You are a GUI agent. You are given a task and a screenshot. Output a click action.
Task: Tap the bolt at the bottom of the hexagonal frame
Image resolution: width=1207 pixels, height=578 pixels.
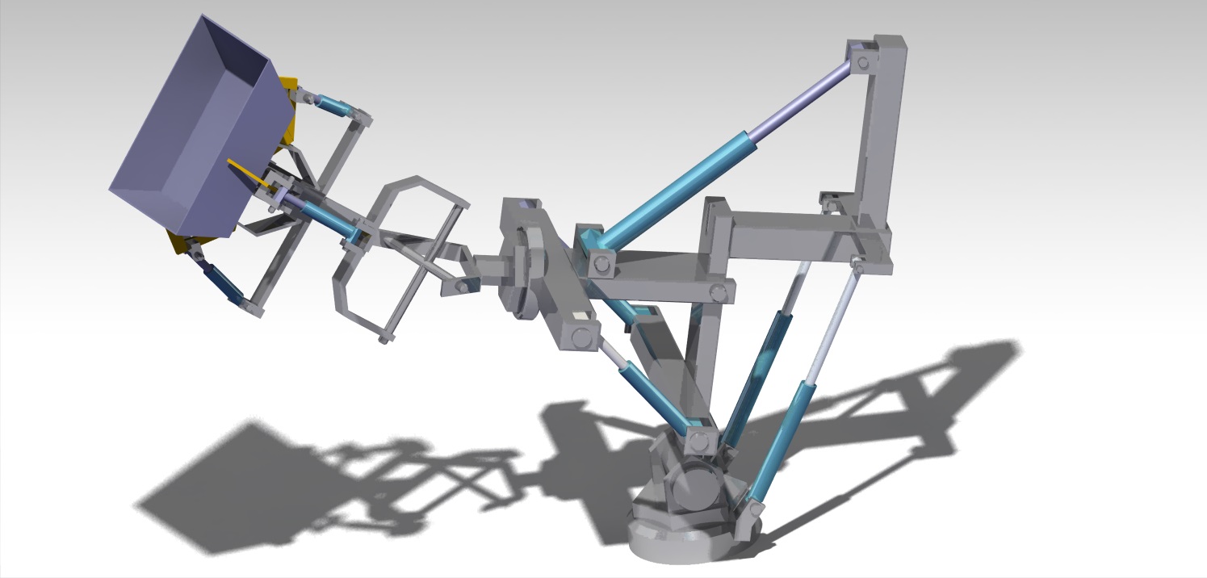(384, 339)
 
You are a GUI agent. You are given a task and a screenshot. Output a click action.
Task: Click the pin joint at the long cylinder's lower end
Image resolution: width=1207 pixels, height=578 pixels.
(599, 262)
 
